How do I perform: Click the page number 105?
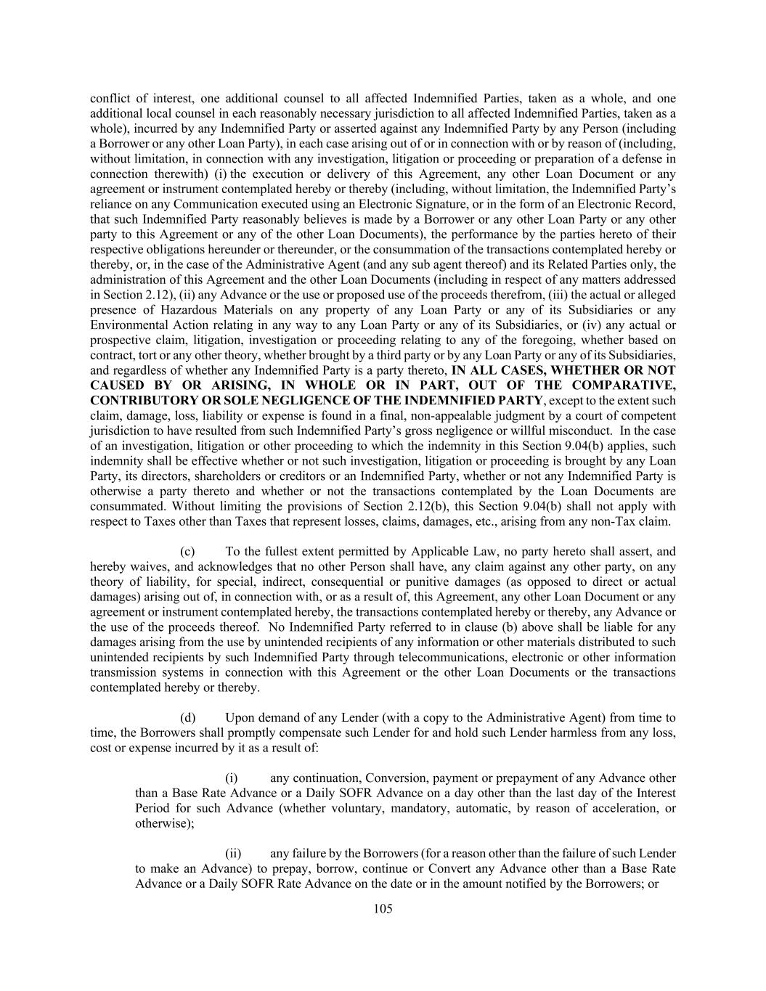(383, 908)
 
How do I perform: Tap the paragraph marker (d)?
(188, 717)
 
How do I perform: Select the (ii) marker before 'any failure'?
(233, 854)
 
